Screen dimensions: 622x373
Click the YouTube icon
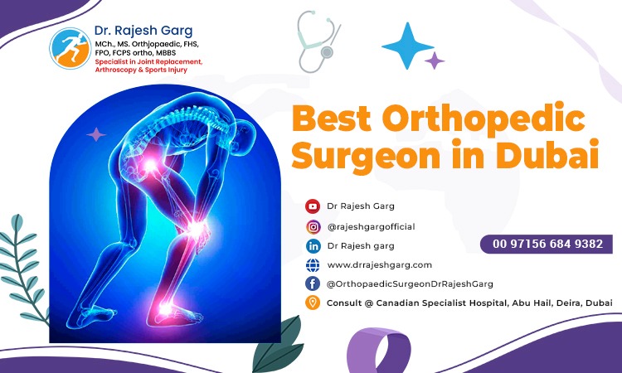coord(313,206)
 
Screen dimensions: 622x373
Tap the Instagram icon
coord(313,227)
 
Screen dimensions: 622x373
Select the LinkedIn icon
coord(313,246)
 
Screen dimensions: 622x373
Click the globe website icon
coord(313,264)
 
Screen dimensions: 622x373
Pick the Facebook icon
coord(313,283)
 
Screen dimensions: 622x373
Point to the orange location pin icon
coord(313,303)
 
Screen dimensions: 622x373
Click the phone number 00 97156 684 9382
coord(547,244)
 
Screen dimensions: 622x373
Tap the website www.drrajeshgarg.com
coord(379,265)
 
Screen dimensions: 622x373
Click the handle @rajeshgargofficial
coord(371,227)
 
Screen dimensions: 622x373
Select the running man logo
coord(70,48)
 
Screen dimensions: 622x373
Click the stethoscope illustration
coord(318,41)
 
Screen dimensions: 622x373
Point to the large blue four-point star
coord(407,46)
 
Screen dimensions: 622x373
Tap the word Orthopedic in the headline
coord(484,119)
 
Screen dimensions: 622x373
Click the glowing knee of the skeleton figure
coord(196,229)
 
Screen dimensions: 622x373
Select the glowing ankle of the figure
coord(165,308)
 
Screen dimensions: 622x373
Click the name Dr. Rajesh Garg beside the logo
coord(143,31)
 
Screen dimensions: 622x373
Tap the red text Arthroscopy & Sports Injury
coord(141,70)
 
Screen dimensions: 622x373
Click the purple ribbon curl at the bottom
coord(378,349)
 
